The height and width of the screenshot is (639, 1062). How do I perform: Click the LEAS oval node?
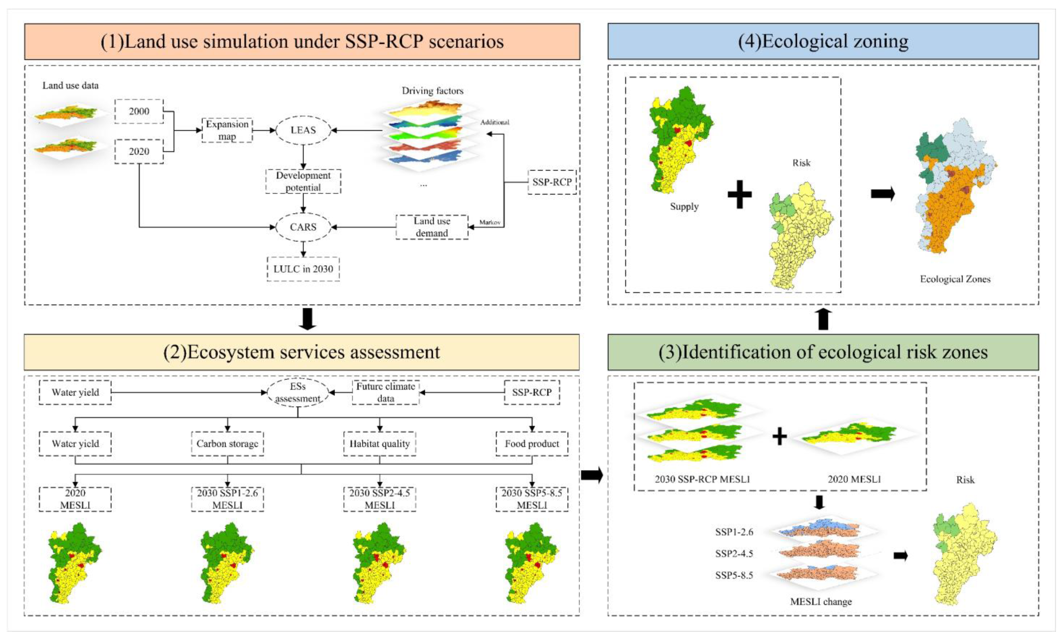click(303, 130)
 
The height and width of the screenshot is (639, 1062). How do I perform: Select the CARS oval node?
click(303, 227)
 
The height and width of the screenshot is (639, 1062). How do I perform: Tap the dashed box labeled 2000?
click(139, 111)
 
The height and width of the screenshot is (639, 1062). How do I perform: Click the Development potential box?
click(303, 181)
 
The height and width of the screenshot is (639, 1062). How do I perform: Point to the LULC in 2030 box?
click(303, 269)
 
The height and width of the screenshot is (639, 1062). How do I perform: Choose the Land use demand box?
click(432, 227)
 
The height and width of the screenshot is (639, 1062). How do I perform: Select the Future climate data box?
click(385, 392)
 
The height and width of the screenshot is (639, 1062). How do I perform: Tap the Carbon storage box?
click(227, 443)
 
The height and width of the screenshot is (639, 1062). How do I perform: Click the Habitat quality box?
click(379, 443)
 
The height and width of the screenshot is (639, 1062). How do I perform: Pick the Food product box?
click(532, 443)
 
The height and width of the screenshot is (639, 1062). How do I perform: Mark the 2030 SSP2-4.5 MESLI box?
click(379, 499)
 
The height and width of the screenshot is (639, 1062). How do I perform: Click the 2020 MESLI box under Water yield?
click(75, 499)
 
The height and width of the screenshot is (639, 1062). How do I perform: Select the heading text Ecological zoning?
click(823, 41)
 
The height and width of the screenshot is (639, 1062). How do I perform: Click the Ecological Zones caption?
click(955, 279)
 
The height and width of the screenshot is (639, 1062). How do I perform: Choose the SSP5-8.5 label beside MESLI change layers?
click(734, 575)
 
